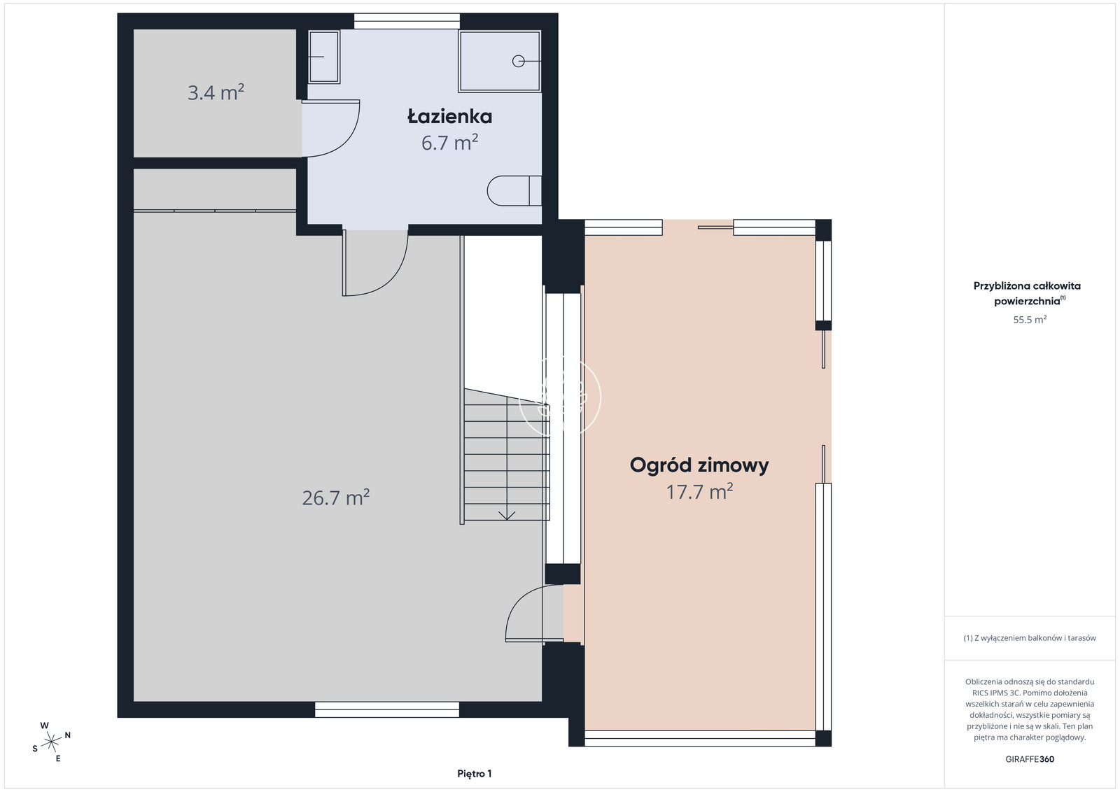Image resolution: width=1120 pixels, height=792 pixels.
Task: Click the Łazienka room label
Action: tap(449, 116)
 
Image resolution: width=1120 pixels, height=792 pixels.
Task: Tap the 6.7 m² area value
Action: tap(449, 143)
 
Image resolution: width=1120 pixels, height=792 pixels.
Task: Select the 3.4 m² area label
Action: tap(216, 92)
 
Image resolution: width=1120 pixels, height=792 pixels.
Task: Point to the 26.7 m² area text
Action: tap(335, 497)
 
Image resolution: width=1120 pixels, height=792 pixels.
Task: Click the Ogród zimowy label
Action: tap(699, 465)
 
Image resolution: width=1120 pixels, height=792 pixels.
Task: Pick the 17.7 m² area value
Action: tap(699, 492)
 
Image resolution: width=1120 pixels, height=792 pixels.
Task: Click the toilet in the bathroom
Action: tap(514, 191)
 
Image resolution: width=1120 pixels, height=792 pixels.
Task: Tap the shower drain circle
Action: tap(519, 61)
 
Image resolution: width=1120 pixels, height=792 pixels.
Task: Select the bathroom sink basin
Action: tap(324, 57)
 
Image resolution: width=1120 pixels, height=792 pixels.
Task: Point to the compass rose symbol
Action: tap(51, 742)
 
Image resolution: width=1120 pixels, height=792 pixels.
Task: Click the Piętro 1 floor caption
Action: tap(475, 774)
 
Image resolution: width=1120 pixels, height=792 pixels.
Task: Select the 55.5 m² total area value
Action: tap(1030, 319)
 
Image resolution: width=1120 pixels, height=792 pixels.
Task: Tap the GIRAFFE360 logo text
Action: tap(1030, 759)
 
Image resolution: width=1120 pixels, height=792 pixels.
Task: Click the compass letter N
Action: tap(67, 735)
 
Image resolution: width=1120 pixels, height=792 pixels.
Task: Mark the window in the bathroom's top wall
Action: tap(407, 22)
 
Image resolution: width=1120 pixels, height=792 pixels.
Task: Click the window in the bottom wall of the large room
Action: tap(387, 709)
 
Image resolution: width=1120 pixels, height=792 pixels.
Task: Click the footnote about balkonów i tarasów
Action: tap(1030, 638)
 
